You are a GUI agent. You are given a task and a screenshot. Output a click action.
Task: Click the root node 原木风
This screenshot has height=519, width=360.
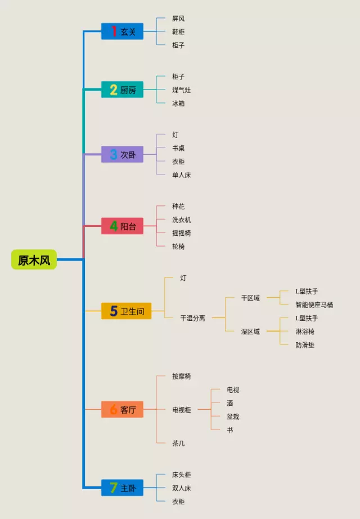34,260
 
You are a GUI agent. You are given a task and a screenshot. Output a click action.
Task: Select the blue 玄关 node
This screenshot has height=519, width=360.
122,32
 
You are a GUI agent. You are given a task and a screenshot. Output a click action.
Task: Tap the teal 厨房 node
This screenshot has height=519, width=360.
122,90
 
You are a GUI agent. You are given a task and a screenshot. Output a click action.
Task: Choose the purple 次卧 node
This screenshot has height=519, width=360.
122,154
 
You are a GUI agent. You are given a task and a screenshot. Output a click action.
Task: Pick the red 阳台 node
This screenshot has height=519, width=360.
122,226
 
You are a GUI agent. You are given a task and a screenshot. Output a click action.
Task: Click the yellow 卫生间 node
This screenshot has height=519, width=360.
126,311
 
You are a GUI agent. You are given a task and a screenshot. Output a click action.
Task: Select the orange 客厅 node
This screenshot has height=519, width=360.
122,410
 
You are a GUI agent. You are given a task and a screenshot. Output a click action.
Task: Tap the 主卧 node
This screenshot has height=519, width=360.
122,488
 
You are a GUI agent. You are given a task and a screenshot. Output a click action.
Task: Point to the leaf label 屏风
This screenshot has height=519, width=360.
178,19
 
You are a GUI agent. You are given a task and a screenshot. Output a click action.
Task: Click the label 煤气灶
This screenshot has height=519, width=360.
181,90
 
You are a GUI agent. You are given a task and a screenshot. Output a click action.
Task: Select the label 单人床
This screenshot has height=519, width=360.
181,175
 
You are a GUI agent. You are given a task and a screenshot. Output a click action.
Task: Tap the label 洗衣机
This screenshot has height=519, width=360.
181,220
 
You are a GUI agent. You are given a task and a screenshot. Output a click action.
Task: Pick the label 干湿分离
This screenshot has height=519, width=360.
192,318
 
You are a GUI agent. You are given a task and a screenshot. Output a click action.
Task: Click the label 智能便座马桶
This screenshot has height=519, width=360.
314,305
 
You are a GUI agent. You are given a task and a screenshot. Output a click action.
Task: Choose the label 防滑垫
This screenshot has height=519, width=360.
305,345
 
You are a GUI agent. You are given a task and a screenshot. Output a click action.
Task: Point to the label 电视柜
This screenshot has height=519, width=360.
181,410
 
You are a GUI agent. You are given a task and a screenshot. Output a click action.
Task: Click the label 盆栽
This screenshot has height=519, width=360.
233,417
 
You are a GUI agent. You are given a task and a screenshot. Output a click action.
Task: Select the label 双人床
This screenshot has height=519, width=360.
181,489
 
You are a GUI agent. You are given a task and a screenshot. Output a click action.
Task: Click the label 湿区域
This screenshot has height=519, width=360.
250,332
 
